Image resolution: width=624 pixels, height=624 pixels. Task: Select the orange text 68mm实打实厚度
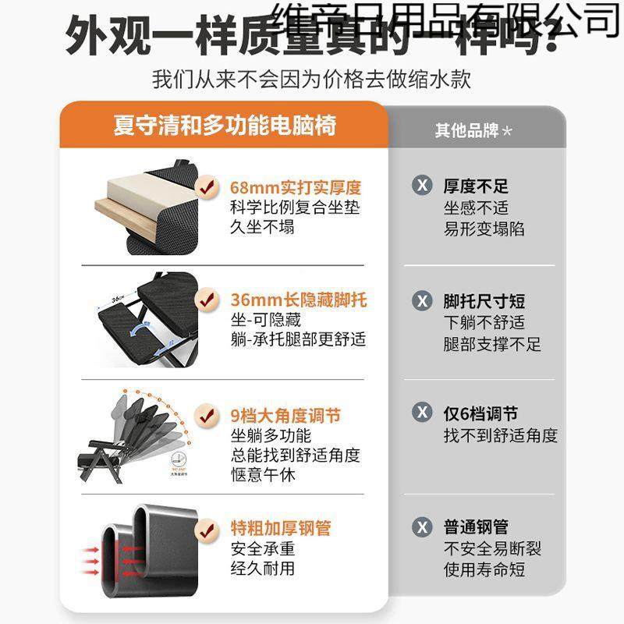pyautogui.click(x=296, y=188)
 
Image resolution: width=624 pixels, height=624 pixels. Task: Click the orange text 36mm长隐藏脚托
pyautogui.click(x=298, y=300)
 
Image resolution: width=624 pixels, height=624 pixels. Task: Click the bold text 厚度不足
pyautogui.click(x=476, y=186)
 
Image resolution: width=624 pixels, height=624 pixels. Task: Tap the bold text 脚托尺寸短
pyautogui.click(x=484, y=302)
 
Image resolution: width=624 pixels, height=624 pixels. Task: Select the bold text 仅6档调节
pyautogui.click(x=480, y=414)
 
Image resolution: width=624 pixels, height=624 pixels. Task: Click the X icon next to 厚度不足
pyautogui.click(x=422, y=186)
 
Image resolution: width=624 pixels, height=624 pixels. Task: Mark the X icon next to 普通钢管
pyautogui.click(x=422, y=527)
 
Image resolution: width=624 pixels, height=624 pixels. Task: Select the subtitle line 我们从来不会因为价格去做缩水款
pyautogui.click(x=311, y=80)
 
